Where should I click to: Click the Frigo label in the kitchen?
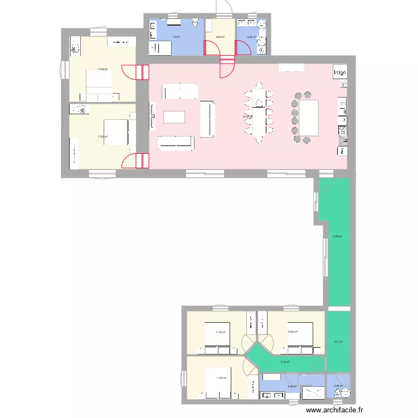coord(339,72)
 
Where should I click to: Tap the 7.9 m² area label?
coord(176,37)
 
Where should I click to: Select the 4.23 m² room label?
coord(220,37)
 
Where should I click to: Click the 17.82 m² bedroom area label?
coord(102,70)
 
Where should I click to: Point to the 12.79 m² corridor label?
coord(337,236)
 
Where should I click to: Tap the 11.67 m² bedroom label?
coord(220,378)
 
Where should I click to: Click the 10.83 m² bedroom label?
coord(292,332)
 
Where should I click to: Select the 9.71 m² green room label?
coord(338,342)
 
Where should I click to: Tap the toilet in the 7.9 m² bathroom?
coord(195,23)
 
